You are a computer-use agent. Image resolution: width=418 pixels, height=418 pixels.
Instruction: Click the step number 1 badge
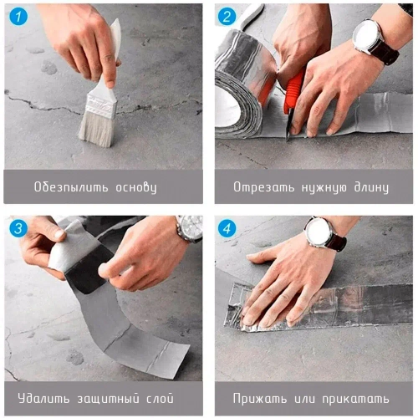19,17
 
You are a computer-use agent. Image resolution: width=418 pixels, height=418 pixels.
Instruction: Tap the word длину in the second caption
367,186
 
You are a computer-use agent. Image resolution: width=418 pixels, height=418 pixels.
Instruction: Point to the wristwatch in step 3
190,228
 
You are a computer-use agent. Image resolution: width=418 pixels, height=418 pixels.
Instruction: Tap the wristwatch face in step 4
319,232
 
